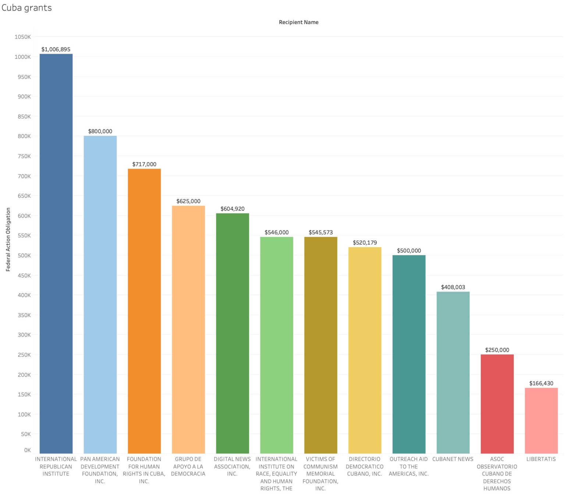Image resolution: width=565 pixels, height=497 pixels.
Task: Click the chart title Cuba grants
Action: (x=26, y=8)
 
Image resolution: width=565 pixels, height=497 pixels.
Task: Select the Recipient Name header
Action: (x=298, y=22)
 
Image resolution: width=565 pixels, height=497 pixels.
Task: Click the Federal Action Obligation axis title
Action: (x=8, y=239)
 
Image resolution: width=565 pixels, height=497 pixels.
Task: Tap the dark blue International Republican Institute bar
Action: (x=56, y=254)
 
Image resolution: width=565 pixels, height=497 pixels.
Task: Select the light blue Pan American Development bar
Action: (x=100, y=294)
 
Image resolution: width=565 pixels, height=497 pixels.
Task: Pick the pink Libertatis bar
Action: (x=541, y=421)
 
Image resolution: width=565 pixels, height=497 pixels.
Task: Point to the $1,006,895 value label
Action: (x=56, y=49)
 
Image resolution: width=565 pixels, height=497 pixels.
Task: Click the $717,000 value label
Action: (x=144, y=164)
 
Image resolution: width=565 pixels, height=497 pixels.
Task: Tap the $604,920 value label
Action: (x=232, y=209)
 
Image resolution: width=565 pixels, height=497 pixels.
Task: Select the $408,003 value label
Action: (x=453, y=287)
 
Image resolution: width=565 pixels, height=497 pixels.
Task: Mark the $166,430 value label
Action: (x=541, y=383)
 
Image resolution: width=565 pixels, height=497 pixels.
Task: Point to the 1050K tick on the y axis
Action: (x=23, y=37)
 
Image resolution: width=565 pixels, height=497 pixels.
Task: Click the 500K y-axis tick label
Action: (x=24, y=255)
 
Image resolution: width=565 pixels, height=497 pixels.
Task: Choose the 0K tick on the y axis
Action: (x=27, y=450)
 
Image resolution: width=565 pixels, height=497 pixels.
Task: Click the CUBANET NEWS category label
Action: (x=453, y=459)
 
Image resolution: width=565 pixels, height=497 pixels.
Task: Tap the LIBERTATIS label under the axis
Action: (x=541, y=459)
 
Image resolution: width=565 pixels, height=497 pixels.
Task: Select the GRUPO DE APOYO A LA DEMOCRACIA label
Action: (x=188, y=466)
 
